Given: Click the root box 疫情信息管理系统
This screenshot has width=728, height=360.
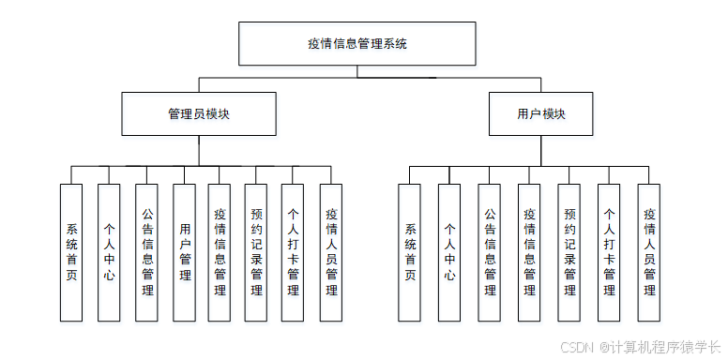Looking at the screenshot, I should tap(357, 43).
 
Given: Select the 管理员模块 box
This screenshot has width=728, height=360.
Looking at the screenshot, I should tap(199, 113).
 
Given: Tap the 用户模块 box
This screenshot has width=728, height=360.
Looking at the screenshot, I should tap(541, 113).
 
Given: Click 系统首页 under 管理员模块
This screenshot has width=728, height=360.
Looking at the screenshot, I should tap(72, 251).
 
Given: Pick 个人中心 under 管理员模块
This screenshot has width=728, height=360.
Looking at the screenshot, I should tap(109, 251).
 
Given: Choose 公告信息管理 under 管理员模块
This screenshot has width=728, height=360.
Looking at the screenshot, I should tap(146, 251).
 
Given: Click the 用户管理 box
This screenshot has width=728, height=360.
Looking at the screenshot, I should tap(185, 251).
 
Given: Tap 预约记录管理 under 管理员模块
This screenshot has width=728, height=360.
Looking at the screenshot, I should tap(256, 251).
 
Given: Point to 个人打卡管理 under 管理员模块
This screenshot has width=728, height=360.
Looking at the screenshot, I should tap(293, 251).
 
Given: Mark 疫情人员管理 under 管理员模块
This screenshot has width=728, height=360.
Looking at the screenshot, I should tap(330, 251).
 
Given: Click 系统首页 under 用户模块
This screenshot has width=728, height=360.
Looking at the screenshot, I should tap(409, 251).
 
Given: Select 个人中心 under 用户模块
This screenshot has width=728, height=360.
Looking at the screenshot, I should tap(449, 251).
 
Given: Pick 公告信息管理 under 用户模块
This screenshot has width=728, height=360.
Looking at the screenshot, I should tap(489, 251).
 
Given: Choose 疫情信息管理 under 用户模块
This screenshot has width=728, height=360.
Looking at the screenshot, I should tap(529, 251).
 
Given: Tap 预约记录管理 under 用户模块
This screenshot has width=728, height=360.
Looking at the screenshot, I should tap(569, 251).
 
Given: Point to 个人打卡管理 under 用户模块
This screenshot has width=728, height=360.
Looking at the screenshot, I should tap(609, 251).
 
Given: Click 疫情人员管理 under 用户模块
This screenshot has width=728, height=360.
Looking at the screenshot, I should tap(649, 251).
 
